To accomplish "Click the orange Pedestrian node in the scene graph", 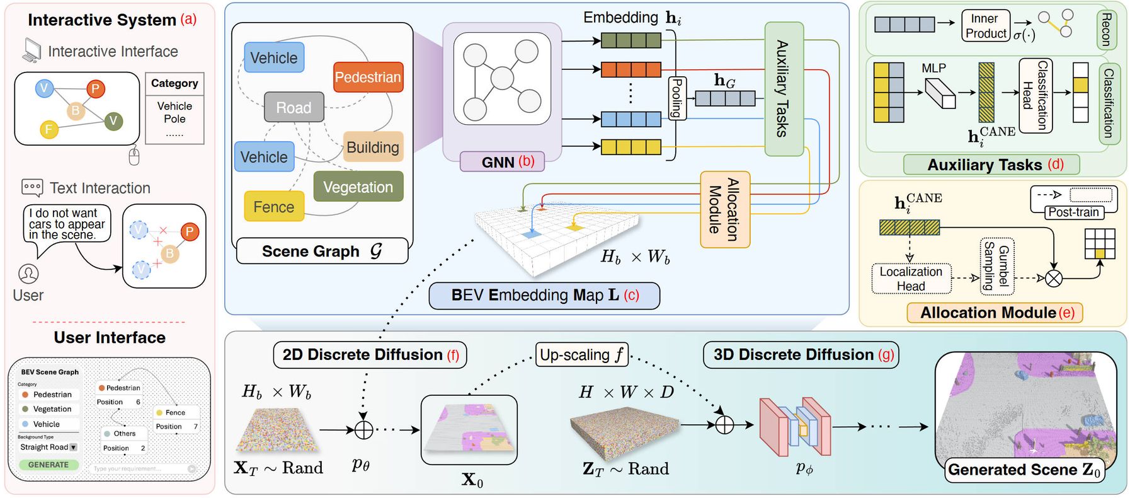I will [368, 78].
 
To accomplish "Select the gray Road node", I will [294, 107].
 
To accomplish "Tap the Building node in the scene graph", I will [373, 148].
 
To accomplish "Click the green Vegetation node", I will [358, 187].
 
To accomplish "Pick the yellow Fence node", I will [274, 207].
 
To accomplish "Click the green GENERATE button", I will [49, 465].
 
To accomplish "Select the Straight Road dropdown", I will [49, 447].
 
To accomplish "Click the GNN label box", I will [501, 162].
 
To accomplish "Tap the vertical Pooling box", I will [676, 98].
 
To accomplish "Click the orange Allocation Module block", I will [724, 209].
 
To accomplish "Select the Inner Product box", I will [986, 26].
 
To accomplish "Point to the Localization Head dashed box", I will [911, 279].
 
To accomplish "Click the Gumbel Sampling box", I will [996, 265].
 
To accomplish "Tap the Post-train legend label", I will [1073, 212].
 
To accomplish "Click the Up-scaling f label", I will [581, 355].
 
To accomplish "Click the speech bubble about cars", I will [67, 224].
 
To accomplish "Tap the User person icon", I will [28, 274].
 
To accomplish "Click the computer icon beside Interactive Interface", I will [31, 50].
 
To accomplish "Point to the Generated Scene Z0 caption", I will [1024, 470].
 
